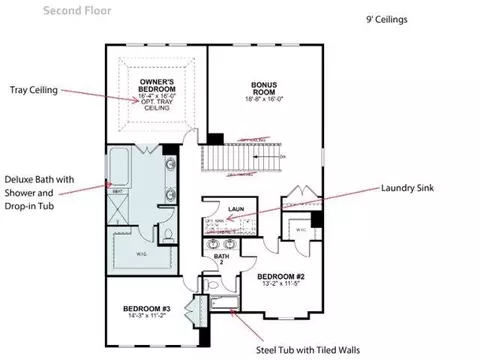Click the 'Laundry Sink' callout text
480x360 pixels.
(412, 187)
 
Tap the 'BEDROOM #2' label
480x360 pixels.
(281, 275)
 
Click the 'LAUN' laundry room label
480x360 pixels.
(236, 209)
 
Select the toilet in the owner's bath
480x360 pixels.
(167, 236)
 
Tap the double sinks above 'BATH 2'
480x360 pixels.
(221, 243)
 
